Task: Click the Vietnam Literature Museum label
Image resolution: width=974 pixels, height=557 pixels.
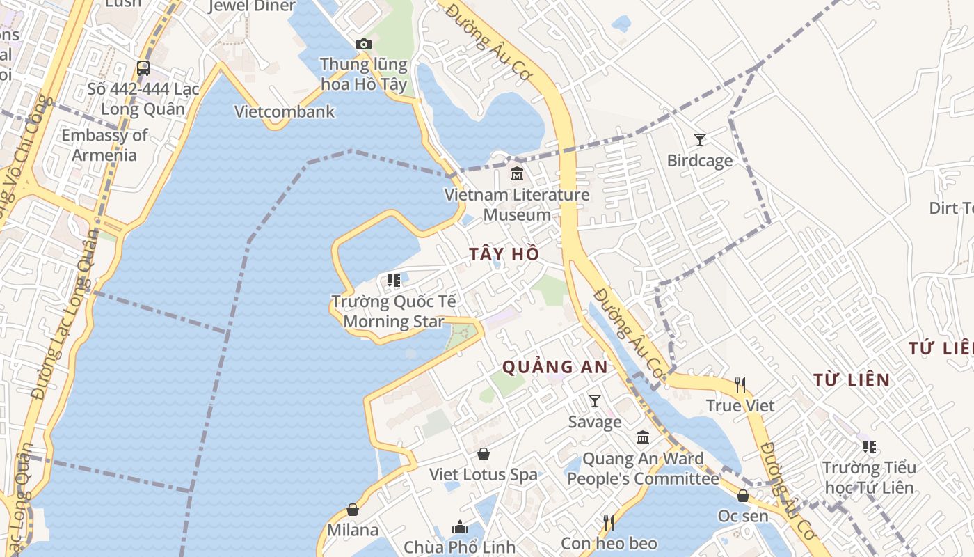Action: click(x=517, y=205)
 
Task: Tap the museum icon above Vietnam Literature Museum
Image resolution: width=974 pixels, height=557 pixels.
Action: click(x=517, y=173)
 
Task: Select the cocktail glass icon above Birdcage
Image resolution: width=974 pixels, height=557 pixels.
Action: click(x=700, y=139)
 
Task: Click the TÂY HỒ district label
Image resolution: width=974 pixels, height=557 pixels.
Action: click(x=504, y=254)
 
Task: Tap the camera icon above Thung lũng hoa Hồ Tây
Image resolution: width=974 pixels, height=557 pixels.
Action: click(x=363, y=44)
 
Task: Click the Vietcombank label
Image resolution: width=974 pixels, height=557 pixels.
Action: click(x=285, y=111)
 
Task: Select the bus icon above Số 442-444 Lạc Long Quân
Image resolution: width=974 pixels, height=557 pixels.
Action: click(x=143, y=68)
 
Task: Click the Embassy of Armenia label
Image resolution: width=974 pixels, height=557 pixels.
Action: click(x=104, y=145)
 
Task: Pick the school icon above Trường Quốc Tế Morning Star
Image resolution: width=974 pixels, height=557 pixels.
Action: click(x=394, y=281)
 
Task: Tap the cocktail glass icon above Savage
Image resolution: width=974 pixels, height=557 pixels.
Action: click(x=595, y=400)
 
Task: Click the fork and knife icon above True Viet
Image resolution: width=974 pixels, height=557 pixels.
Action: click(x=740, y=384)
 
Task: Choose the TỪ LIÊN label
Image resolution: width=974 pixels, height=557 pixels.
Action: click(x=852, y=380)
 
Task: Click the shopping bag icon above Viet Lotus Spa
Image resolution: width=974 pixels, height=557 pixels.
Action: click(x=484, y=454)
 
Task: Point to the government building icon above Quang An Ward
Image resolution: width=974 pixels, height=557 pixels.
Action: click(x=643, y=438)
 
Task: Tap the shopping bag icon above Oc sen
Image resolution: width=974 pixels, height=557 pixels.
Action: click(x=743, y=496)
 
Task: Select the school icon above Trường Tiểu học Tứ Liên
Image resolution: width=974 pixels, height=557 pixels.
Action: click(x=869, y=446)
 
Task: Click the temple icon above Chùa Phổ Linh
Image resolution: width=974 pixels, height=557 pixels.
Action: click(x=460, y=527)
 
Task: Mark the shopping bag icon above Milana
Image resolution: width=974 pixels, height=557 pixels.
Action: click(x=353, y=510)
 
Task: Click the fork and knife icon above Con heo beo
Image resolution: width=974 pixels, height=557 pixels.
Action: click(x=609, y=522)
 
